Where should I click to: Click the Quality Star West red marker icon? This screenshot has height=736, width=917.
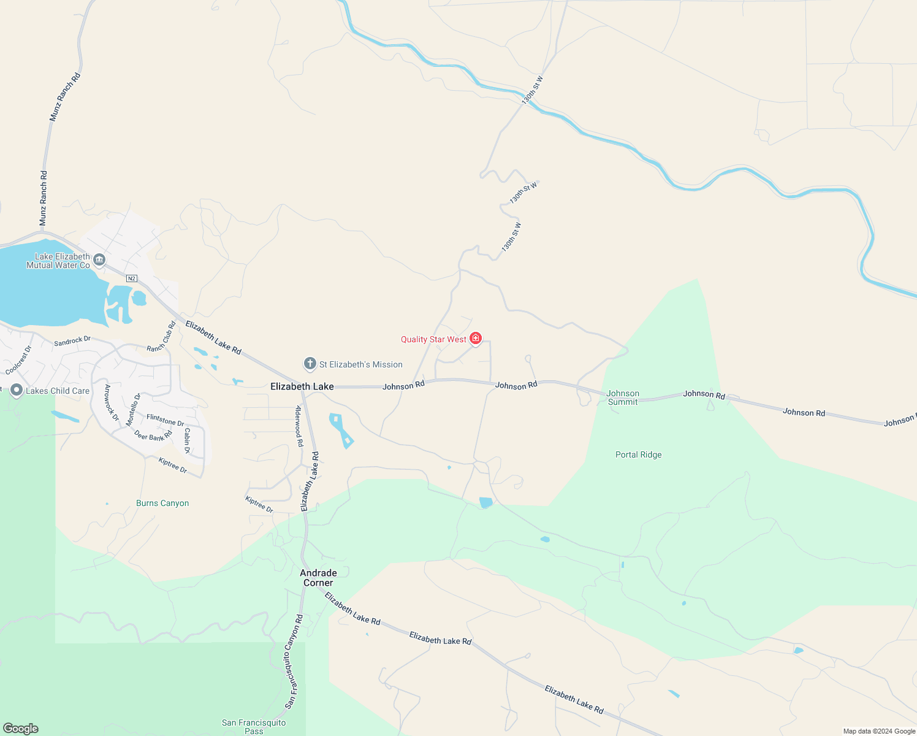tap(476, 339)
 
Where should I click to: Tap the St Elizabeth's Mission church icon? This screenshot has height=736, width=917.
tap(310, 364)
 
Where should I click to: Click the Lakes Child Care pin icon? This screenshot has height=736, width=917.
tap(17, 391)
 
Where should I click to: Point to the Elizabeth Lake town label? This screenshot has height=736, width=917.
tap(302, 386)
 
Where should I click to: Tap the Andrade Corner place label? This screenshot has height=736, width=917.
tap(318, 578)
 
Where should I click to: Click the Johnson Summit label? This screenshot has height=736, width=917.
tap(623, 397)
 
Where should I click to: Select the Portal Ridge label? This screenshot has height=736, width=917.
tap(638, 454)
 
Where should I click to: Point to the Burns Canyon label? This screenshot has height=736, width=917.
tap(162, 503)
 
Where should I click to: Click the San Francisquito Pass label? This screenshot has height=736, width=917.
tap(254, 727)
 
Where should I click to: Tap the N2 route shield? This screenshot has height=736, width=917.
tap(131, 278)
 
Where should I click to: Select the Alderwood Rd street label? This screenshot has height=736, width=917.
tap(299, 426)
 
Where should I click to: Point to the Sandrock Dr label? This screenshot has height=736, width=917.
tap(72, 341)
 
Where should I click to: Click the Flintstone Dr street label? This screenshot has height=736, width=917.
tap(166, 420)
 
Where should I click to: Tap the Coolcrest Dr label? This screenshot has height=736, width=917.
tap(18, 361)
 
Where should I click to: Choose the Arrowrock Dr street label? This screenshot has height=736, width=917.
tap(112, 402)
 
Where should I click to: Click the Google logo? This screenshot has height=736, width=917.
tap(21, 729)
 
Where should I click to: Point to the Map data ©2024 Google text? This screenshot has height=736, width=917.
tap(879, 731)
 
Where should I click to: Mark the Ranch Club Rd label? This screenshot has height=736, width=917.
tap(161, 337)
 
